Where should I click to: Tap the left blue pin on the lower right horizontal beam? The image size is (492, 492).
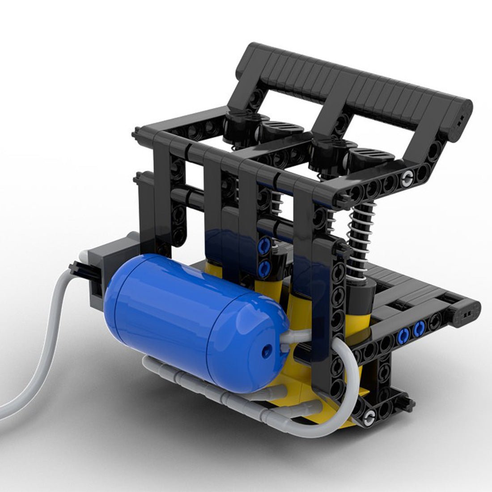tap(403, 333)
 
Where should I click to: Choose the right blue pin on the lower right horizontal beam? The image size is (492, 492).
tap(419, 330)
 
